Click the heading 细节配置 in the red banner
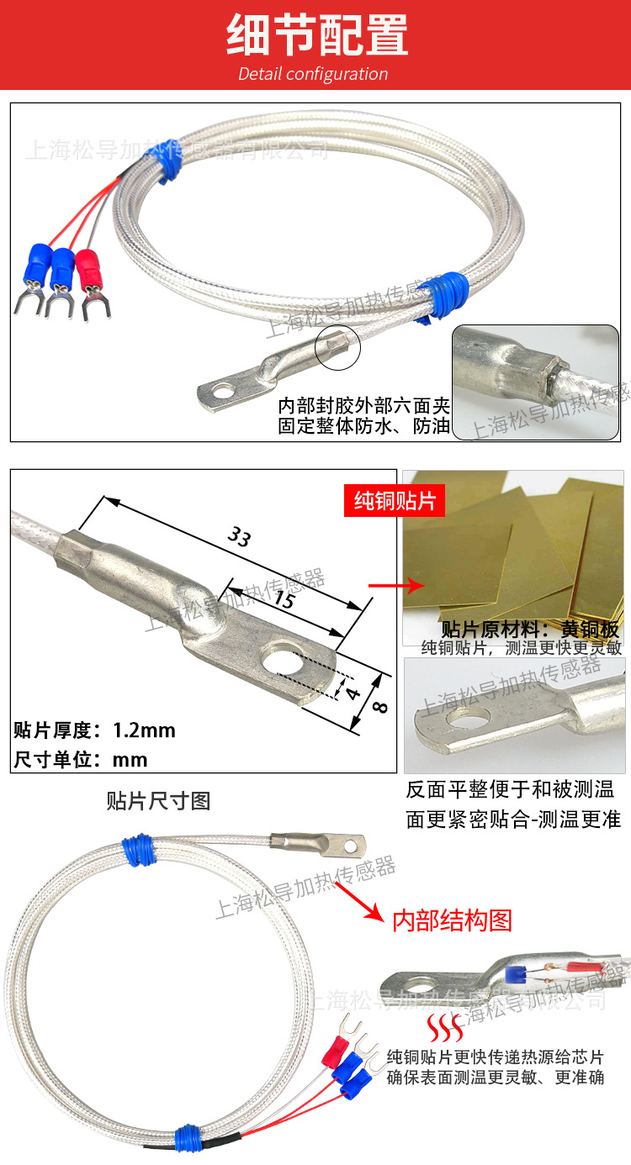pos(316,35)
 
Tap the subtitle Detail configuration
pos(313,74)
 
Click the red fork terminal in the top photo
pos(89,277)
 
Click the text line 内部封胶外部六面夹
pos(364,405)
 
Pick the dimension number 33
pos(239,538)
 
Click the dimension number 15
pos(284,601)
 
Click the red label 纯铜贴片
pos(395,502)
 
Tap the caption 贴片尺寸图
pos(158,800)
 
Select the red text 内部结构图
pos(453,920)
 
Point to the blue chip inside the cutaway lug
pos(515,975)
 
